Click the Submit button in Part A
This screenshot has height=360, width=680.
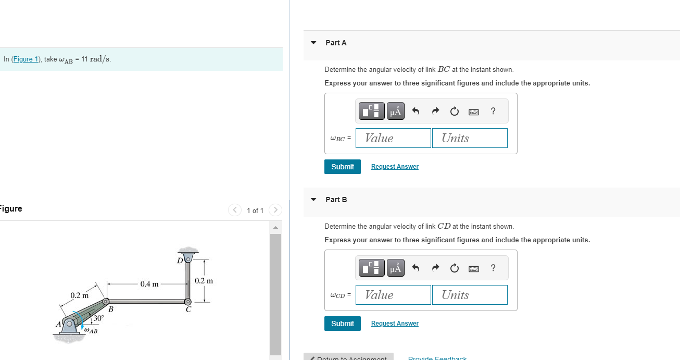342,167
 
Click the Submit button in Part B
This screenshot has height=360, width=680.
342,324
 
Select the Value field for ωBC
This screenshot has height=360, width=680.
393,138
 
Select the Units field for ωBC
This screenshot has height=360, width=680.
469,138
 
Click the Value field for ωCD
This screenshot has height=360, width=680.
393,295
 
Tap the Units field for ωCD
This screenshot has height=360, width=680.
469,295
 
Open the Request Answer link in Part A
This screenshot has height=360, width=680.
395,167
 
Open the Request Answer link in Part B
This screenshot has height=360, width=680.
395,324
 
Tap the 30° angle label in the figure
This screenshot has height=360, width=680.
98,318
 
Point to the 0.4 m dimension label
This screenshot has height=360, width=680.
149,284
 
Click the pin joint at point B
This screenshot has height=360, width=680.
106,302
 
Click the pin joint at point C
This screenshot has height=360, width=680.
188,302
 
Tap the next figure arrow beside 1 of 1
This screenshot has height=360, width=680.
275,210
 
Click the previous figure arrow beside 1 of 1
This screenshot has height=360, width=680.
234,210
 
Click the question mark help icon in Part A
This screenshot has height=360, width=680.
493,111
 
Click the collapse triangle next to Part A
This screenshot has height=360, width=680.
313,43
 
